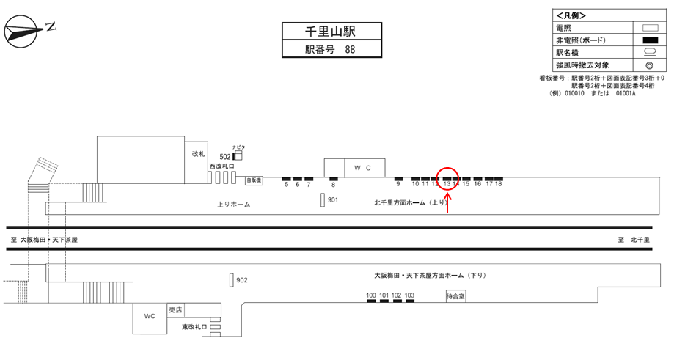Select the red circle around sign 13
point(448,178)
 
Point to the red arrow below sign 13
point(447,201)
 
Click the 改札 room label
point(197,154)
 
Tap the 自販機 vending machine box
point(254,179)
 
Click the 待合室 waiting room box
point(455,297)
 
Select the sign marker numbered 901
point(323,199)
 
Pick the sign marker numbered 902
point(231,279)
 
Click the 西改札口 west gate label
point(221,166)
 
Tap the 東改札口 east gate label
point(194,326)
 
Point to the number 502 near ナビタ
point(225,156)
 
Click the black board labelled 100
point(371,302)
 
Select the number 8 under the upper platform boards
point(333,185)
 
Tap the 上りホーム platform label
point(235,205)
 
